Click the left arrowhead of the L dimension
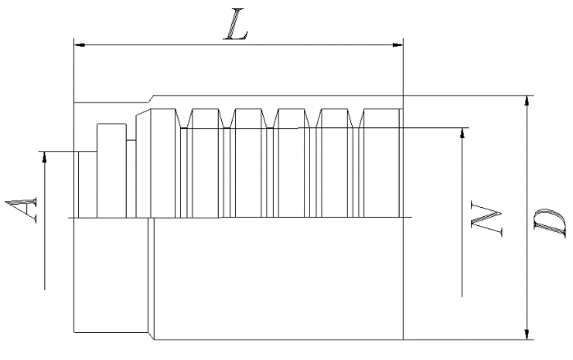click(80, 45)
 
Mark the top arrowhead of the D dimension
click(526, 101)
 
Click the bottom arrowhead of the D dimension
click(526, 333)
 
